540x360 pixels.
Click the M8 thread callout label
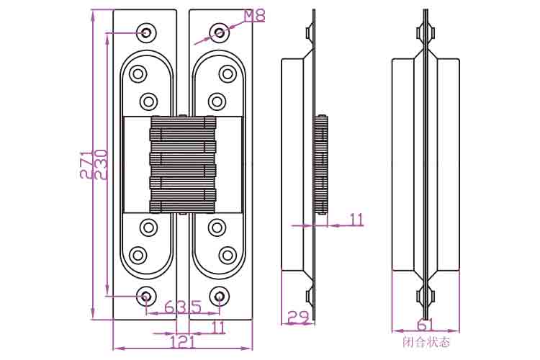(x=255, y=16)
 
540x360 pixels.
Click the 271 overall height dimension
(x=86, y=164)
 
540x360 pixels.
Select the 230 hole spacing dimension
(x=101, y=164)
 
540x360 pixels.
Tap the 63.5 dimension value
(x=183, y=307)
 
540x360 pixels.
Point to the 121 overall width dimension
(x=183, y=341)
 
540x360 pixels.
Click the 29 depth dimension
(x=298, y=317)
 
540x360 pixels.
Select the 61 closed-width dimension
(x=426, y=325)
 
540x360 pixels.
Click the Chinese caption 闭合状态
(x=426, y=343)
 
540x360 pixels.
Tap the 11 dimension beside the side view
(x=356, y=220)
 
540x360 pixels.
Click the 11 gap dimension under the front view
(x=217, y=328)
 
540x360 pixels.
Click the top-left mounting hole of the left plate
(x=146, y=32)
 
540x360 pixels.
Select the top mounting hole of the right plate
(x=220, y=32)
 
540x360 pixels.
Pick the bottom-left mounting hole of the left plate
(x=146, y=296)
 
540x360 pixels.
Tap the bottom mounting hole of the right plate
(x=220, y=296)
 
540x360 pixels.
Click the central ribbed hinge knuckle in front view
(x=183, y=164)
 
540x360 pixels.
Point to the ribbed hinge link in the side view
(x=321, y=164)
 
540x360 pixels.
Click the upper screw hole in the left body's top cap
(x=138, y=73)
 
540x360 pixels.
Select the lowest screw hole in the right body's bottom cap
(x=228, y=256)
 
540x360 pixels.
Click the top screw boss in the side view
(x=310, y=32)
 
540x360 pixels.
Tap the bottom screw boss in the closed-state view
(x=426, y=296)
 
